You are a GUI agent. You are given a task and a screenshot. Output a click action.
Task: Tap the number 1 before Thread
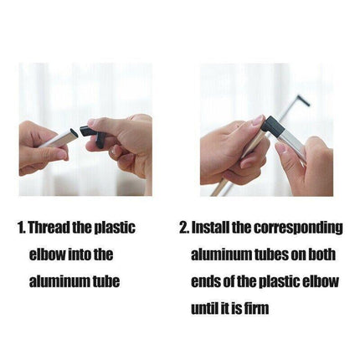21,228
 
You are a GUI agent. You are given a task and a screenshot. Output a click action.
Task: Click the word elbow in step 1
47,255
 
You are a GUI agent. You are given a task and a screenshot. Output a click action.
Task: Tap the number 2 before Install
183,228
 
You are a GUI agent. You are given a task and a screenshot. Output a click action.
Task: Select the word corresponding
298,229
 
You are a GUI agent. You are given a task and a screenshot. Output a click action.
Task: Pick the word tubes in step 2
270,255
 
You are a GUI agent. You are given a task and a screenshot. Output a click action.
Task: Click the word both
321,255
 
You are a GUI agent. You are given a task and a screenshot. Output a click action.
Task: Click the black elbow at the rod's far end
303,100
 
